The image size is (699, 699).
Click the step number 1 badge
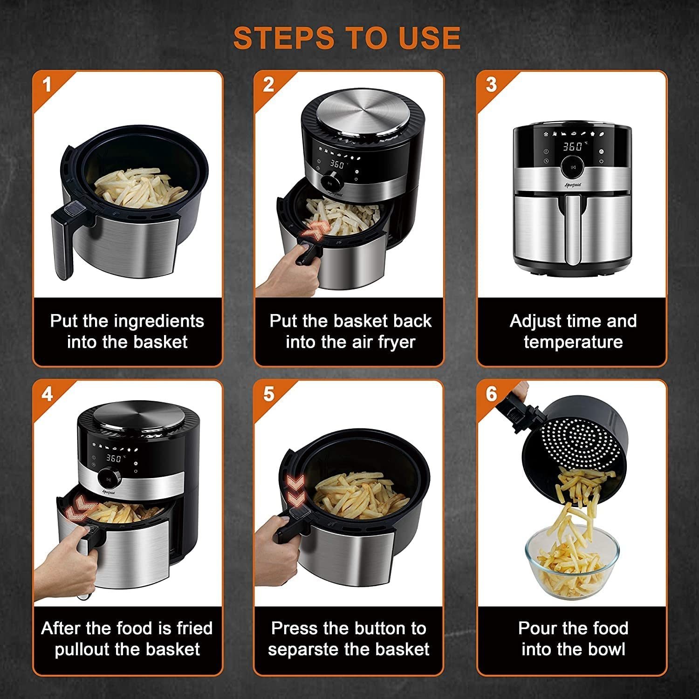tap(47, 85)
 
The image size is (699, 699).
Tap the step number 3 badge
tap(491, 85)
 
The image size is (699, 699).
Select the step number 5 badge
tap(269, 394)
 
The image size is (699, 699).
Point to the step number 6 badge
tap(492, 394)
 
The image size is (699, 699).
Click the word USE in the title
tap(429, 37)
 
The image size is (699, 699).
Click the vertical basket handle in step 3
tap(573, 229)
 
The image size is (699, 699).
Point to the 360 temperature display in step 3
tap(573, 147)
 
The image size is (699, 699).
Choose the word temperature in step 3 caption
tap(573, 343)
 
